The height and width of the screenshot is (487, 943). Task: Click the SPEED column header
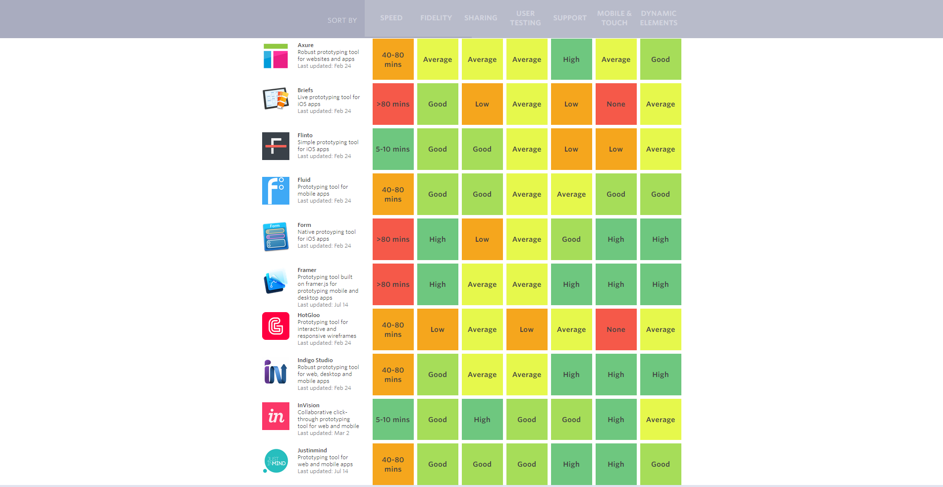391,18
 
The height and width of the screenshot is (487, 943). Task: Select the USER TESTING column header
525,18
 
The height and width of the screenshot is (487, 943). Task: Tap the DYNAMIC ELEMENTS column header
658,18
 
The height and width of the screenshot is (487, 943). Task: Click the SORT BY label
342,20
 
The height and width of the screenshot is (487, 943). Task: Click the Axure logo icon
276,56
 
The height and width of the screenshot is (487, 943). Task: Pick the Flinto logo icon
276,146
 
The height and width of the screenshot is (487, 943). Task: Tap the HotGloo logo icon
276,326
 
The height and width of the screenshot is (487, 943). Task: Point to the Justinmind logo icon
276,461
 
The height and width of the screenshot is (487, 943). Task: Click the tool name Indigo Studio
315,360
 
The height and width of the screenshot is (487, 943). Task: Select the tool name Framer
307,270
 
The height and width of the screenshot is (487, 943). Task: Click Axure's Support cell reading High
571,59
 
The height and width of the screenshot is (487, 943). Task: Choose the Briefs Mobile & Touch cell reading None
616,104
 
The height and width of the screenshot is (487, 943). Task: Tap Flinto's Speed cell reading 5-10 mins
393,149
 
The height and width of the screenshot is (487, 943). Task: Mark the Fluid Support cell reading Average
571,194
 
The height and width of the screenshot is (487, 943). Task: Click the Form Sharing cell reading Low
482,239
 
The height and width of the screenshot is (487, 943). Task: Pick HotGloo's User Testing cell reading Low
527,329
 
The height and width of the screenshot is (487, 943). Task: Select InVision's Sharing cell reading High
482,420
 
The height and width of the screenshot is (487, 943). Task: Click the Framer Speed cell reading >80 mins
393,284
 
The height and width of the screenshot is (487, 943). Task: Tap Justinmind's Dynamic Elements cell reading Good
661,464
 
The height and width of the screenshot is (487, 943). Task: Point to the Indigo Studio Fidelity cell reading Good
438,375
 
